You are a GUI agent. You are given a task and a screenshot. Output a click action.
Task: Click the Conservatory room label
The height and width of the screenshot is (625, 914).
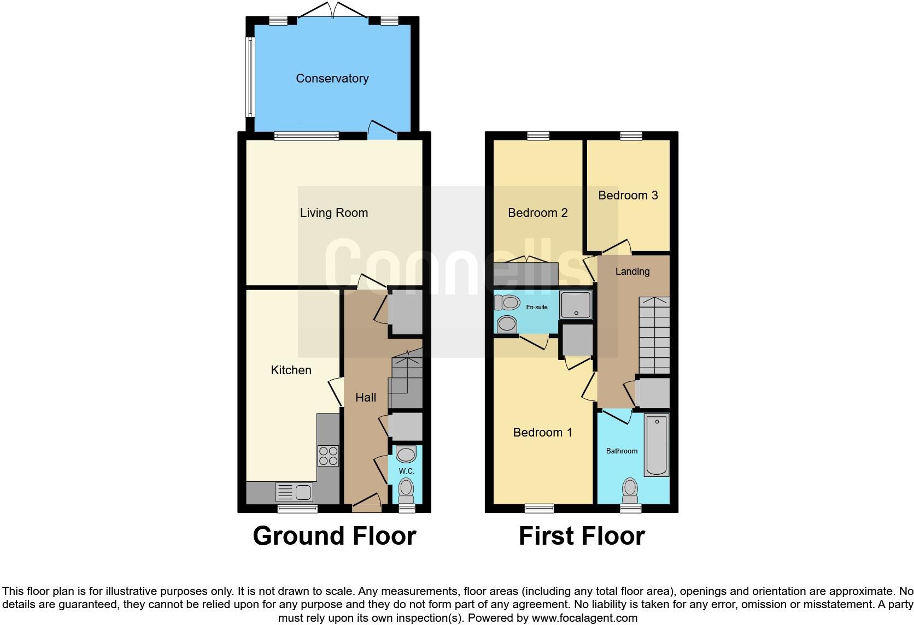coord(332,79)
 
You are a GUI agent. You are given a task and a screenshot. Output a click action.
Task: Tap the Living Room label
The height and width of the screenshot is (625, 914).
coord(333,213)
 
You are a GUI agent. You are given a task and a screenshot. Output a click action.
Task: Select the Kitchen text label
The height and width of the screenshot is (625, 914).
coord(291,370)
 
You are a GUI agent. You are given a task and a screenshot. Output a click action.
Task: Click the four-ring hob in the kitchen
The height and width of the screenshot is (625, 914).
coord(328,456)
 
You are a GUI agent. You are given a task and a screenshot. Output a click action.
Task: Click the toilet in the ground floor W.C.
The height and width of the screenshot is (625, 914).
coord(406,490)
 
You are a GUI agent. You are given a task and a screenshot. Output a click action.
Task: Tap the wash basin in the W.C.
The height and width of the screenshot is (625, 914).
coord(406,454)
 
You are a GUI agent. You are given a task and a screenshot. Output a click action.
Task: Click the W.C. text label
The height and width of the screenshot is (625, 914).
coord(406,471)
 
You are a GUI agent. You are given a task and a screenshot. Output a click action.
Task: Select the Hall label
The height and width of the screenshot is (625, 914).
coord(366,398)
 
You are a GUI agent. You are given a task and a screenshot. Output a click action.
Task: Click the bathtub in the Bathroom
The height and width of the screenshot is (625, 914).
coord(656,444)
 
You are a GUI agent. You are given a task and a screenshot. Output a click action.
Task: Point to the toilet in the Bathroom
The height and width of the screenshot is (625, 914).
coord(630,490)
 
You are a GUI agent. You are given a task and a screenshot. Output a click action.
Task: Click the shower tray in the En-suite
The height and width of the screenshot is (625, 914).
coord(576,305)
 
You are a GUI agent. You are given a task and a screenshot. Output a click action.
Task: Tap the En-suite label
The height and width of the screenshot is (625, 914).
coord(536,307)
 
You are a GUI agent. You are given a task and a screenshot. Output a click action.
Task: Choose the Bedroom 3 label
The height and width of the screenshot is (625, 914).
coord(628,196)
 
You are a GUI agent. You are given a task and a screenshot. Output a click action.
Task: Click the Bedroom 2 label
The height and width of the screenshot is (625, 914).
coord(537,213)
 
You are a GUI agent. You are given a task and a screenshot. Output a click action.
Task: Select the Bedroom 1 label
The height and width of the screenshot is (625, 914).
coord(542,433)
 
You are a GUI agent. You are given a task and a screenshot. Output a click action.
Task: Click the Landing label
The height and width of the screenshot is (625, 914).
coord(632,272)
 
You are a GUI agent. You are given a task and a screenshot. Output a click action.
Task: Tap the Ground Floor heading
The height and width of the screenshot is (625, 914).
coord(334,536)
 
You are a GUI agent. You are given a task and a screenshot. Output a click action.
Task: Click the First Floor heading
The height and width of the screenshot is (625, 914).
coord(581,536)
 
